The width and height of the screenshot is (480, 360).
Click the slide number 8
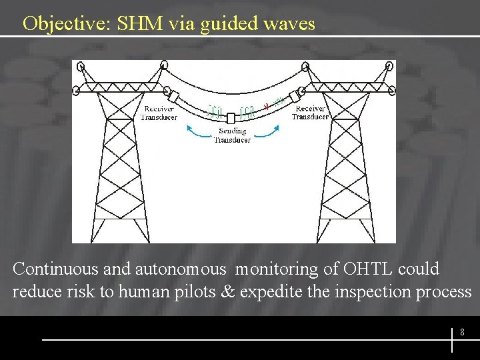462,331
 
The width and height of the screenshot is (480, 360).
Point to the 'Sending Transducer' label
232,135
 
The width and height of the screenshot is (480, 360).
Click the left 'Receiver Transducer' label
159,113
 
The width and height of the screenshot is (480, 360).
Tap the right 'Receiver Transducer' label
310,112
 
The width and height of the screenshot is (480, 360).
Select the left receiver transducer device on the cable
174,96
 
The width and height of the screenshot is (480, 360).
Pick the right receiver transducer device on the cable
294,96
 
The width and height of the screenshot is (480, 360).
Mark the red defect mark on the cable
267,105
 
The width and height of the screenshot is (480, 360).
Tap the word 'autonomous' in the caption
181,269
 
